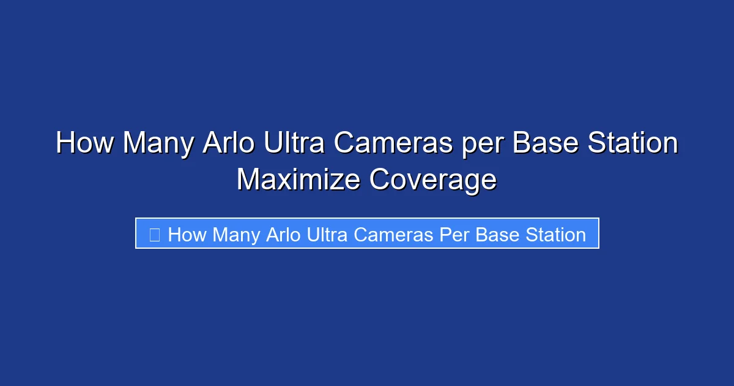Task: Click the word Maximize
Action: [x=298, y=180]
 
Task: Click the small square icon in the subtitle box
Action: [x=154, y=235]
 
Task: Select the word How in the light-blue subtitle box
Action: [x=187, y=235]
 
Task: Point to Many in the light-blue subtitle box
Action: [x=237, y=235]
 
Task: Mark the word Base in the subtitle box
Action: [x=495, y=235]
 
